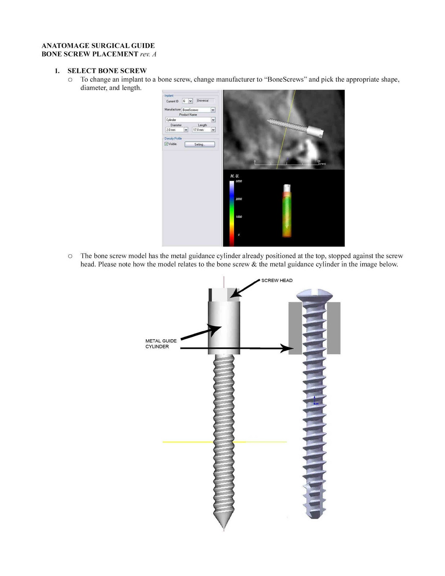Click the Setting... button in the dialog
click(199, 144)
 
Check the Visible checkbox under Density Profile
click(166, 144)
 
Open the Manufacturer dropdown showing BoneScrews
click(213, 110)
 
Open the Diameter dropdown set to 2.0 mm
click(186, 130)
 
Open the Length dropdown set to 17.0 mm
click(213, 130)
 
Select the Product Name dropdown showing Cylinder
click(213, 120)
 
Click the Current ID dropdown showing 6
click(190, 101)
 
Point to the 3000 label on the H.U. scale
click(239, 181)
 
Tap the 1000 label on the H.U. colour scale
click(239, 217)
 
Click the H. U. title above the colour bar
click(235, 176)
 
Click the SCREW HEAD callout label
click(277, 280)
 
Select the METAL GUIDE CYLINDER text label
click(161, 344)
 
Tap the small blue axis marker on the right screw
click(315, 401)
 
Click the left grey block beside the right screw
click(295, 328)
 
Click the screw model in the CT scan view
click(295, 127)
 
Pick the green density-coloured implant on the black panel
click(287, 212)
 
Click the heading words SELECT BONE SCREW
click(107, 71)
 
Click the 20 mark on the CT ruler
click(319, 161)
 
